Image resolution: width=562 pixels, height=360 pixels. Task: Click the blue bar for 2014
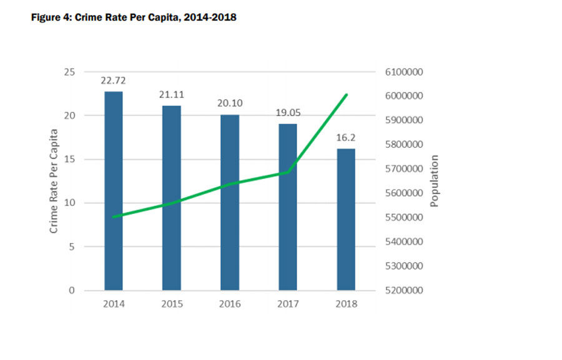pos(114,190)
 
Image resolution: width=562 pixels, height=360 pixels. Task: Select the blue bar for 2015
pos(172,198)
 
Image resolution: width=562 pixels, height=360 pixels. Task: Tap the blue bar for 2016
pos(230,202)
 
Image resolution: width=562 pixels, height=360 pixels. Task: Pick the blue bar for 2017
pos(288,207)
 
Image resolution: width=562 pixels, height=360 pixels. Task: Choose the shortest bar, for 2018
pos(346,219)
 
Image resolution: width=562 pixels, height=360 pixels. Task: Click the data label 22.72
pos(114,81)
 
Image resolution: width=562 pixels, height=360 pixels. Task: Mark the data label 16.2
pos(346,138)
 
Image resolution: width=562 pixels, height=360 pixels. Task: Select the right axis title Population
pos(435,181)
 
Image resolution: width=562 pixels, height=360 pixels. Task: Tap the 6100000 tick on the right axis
pos(401,72)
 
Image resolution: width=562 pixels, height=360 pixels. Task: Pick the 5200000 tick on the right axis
pos(401,290)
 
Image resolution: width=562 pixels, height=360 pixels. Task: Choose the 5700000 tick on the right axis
pos(401,169)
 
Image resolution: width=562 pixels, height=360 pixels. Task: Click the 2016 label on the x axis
pos(230,304)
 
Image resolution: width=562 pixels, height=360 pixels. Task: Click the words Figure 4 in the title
pos(51,17)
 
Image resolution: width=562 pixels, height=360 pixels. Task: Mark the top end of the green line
pos(347,95)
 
